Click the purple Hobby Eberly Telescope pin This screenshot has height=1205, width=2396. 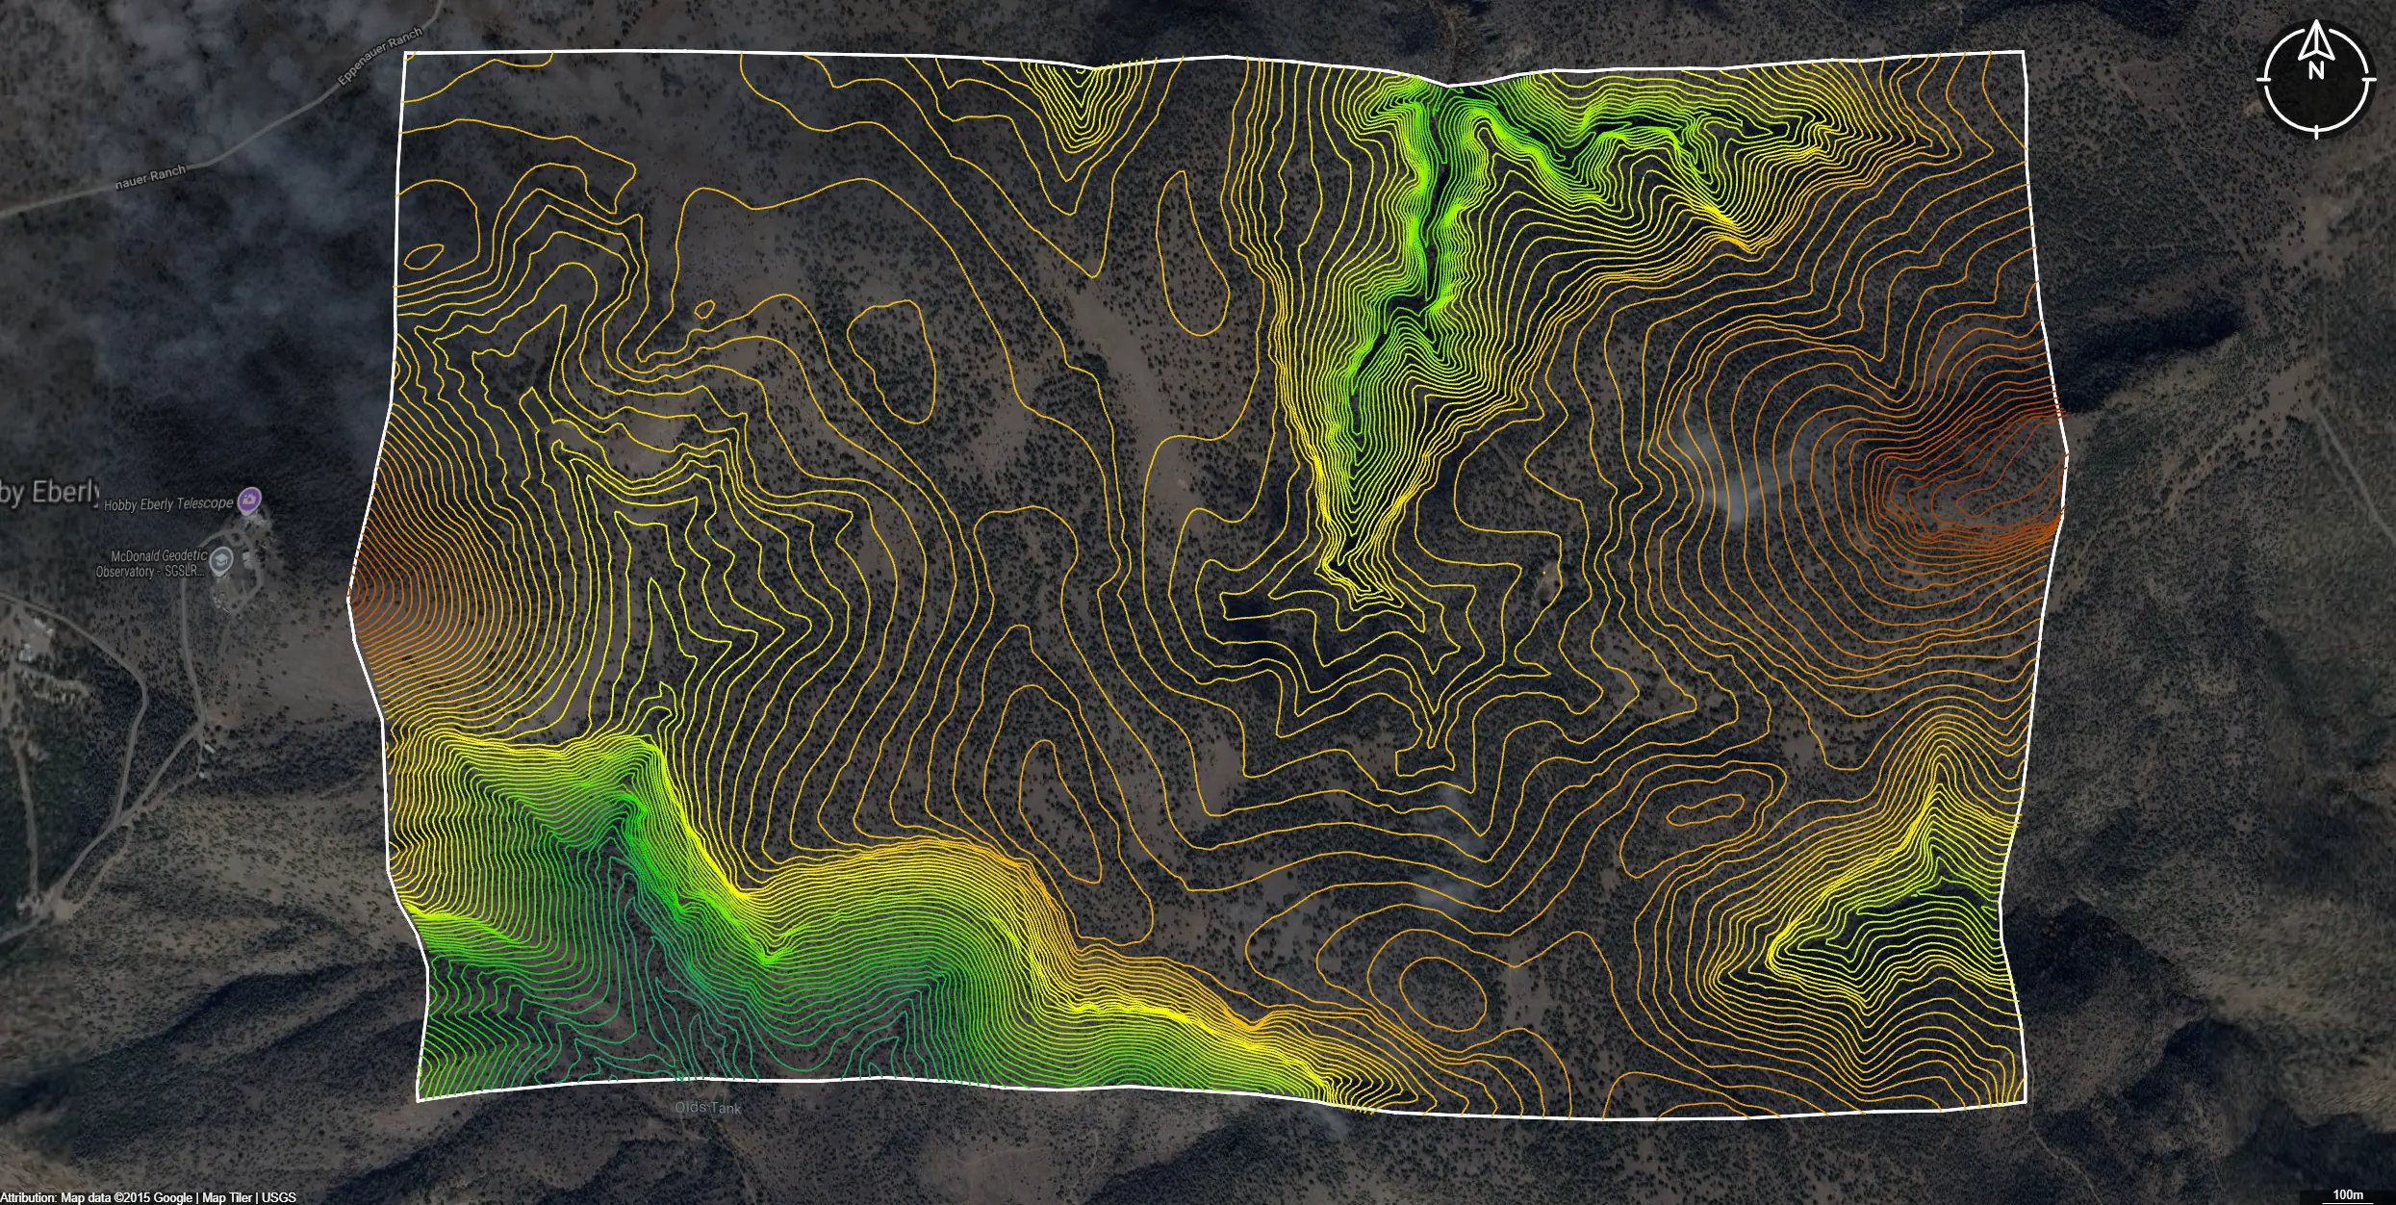(x=250, y=500)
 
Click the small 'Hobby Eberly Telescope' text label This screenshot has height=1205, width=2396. (x=168, y=503)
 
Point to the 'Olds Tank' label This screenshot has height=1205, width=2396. (x=708, y=1108)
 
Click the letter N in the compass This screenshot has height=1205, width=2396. (x=2315, y=71)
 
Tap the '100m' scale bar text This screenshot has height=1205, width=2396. (x=2348, y=1194)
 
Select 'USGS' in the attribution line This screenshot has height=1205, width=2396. (x=279, y=1197)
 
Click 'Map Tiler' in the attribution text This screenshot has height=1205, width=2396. (x=227, y=1197)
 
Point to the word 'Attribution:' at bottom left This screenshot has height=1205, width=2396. (x=28, y=1197)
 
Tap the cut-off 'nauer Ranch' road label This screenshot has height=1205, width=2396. (x=150, y=177)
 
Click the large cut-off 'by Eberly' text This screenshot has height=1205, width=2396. (x=48, y=493)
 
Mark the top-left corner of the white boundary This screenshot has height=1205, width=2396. (x=405, y=54)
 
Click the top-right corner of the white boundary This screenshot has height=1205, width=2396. (x=2024, y=52)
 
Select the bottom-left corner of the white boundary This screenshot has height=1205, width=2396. (x=418, y=1099)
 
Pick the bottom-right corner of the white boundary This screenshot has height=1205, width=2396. (x=2026, y=1102)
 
